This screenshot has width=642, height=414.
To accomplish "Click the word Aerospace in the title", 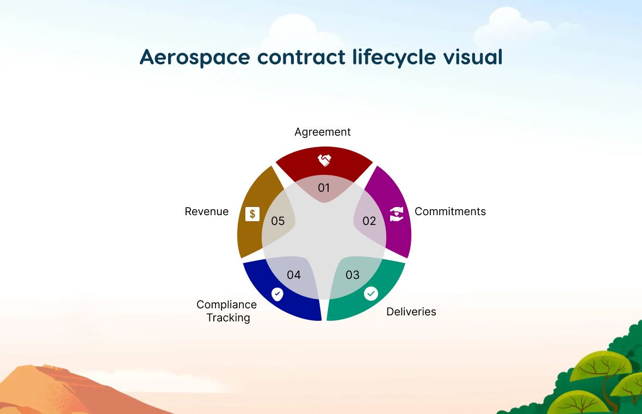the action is [x=194, y=57].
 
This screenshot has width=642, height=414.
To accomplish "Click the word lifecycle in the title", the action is [x=394, y=57].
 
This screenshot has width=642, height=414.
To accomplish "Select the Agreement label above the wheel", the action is [x=323, y=132].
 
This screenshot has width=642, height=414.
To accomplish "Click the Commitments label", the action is [x=450, y=211].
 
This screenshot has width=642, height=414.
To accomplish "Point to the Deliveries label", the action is [x=411, y=312].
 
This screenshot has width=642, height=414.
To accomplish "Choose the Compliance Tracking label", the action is [x=227, y=311].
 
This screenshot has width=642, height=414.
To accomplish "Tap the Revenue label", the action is [x=207, y=211].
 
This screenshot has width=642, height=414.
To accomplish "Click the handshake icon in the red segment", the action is [x=324, y=160].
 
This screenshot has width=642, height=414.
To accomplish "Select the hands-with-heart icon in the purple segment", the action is [x=396, y=214].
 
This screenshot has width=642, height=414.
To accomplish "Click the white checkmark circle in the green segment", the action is [x=371, y=294].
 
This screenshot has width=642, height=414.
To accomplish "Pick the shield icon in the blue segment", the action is [x=277, y=294].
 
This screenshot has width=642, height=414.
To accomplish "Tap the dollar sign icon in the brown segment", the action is [x=252, y=214].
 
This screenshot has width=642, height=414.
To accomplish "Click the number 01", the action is [x=324, y=188].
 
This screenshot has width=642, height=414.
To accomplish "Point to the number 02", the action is [x=369, y=221].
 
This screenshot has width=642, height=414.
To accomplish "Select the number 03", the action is [x=352, y=275].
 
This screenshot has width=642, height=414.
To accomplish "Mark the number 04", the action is [x=294, y=275].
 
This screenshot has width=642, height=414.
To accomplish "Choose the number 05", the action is [x=277, y=221].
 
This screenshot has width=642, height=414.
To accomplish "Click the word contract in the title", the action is [x=301, y=57].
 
